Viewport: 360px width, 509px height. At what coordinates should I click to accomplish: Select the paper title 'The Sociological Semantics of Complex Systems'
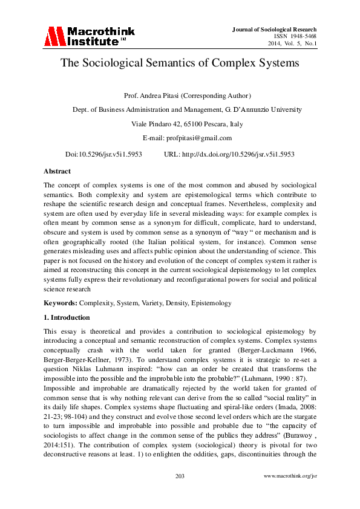180,63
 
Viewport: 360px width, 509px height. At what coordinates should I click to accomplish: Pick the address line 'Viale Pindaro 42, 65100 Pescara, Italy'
180,125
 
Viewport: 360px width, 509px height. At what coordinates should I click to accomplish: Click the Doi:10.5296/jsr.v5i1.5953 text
103,154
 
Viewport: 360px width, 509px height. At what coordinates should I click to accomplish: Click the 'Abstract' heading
57,171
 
